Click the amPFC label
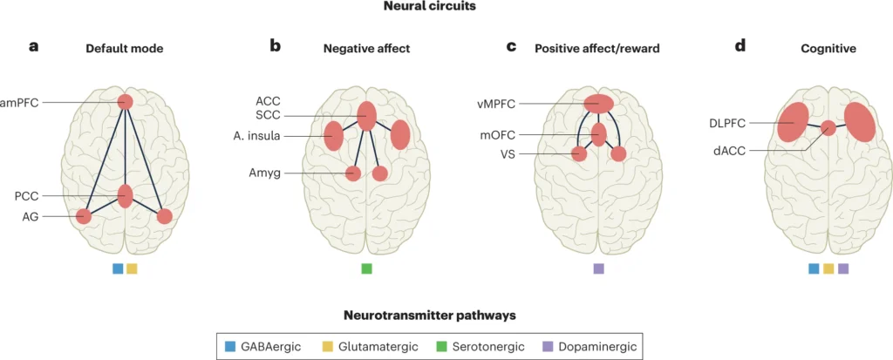(18, 103)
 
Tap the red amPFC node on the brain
(126, 103)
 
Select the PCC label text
(26, 196)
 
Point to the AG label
(31, 216)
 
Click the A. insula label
(256, 136)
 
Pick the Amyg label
(266, 173)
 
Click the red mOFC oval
(598, 134)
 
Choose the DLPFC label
(729, 122)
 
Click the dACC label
(732, 151)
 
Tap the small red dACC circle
(828, 128)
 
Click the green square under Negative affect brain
(367, 268)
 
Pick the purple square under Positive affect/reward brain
(598, 268)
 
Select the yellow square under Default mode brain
(132, 268)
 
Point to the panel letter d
(740, 45)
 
